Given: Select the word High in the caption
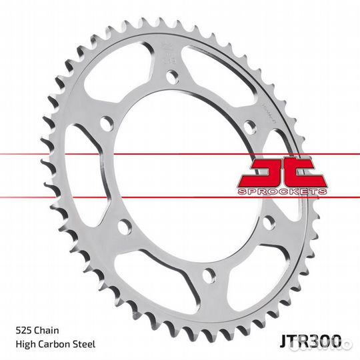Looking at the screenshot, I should [23, 344].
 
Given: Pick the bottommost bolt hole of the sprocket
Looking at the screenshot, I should [209, 274].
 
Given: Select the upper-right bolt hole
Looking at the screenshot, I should [249, 125].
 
